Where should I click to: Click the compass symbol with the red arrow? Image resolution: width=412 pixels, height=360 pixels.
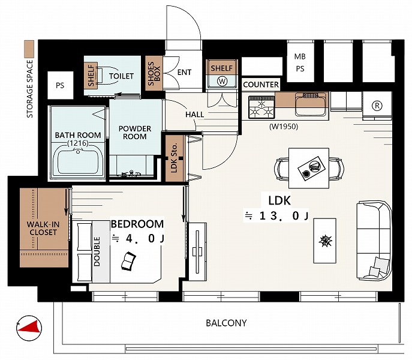[x=29, y=328]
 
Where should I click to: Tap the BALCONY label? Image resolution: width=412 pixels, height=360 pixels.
[x=226, y=323]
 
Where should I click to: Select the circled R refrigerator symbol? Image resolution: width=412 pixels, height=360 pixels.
[x=377, y=106]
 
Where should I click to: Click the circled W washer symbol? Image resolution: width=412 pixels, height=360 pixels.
[x=222, y=81]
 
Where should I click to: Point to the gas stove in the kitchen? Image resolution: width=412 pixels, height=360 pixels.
[x=261, y=107]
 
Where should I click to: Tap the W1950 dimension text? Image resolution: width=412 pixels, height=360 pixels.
[x=284, y=127]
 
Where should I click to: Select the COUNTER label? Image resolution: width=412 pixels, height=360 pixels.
[x=261, y=85]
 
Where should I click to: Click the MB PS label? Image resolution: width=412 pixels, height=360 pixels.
[x=300, y=62]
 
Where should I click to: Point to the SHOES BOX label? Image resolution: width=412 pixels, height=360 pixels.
[x=154, y=74]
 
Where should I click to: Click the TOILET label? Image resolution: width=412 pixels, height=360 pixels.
[x=121, y=76]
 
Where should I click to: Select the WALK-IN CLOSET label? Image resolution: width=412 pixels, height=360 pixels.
[x=43, y=228]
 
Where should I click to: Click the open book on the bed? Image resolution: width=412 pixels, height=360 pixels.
[x=128, y=261]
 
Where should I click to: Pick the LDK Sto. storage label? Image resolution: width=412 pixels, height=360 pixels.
[x=174, y=158]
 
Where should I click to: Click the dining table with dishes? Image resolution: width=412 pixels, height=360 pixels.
[x=309, y=168]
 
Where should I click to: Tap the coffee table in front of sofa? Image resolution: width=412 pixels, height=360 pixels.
[x=325, y=241]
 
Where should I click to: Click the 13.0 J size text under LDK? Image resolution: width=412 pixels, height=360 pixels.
[x=276, y=216]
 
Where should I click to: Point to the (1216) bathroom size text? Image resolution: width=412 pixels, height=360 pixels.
[x=78, y=143]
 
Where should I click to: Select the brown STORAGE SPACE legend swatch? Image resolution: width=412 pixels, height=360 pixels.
[x=29, y=49]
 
